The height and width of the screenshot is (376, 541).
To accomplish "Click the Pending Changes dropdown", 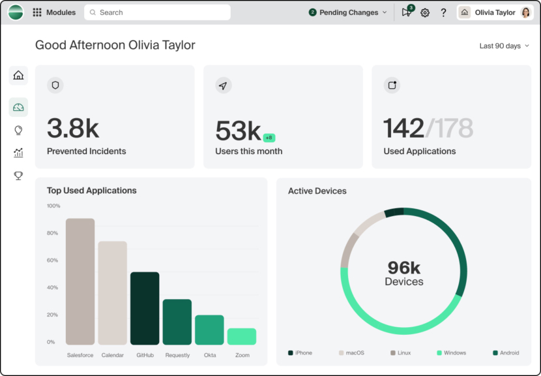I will point(348,12).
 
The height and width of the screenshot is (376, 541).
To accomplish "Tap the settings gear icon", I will point(425,12).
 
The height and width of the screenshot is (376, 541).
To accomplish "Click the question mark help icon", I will point(444,12).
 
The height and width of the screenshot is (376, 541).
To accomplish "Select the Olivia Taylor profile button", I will point(495,12).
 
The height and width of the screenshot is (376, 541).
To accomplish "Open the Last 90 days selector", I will point(504,46).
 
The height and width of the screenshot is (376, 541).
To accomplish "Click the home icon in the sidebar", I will point(18,75).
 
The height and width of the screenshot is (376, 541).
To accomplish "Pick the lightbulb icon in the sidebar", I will point(18,130).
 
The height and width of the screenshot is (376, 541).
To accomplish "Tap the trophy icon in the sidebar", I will point(18,176).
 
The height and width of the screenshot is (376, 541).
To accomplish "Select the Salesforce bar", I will point(80,281).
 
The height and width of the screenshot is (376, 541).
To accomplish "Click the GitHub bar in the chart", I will point(145,308).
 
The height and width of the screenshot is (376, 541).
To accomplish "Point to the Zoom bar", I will point(242,336).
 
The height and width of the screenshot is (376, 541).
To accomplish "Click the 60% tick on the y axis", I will point(53,260).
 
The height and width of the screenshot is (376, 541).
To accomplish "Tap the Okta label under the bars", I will point(209,355).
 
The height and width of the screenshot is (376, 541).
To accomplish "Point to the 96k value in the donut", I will point(404,268).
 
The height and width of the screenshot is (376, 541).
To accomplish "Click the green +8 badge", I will point(269,138).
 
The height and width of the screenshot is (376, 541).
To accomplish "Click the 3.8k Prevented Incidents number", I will point(73,129).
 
